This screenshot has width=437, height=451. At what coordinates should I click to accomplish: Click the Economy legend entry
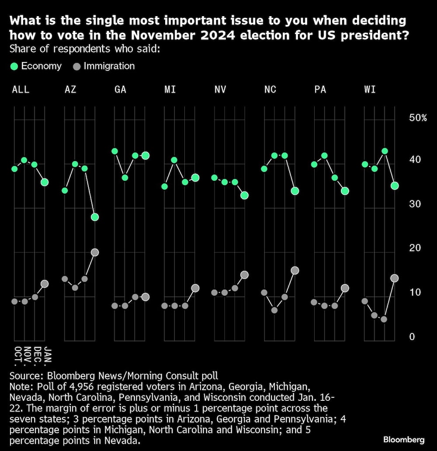pos(36,66)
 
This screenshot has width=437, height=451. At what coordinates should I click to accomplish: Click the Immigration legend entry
pos(104,66)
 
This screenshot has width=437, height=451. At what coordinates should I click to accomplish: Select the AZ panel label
pos(70,90)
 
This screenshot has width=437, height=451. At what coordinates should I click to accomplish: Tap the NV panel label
pos(220,90)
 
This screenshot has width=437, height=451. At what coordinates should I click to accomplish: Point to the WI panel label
pos(370,90)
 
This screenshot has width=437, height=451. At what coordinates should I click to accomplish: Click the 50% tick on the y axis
pos(417,118)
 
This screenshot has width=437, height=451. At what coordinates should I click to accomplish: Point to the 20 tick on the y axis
pos(414,248)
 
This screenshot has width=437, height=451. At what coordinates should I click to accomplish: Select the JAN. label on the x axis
pos(48,355)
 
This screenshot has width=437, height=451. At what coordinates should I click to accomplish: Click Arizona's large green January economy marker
pos(95,217)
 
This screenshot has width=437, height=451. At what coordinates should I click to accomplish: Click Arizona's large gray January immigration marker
pos(95,252)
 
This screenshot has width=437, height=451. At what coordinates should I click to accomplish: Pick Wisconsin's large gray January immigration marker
pos(394,278)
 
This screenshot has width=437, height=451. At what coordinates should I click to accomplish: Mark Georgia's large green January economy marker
pos(146,155)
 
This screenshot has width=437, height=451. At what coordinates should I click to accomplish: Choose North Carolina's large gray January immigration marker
pos(295,270)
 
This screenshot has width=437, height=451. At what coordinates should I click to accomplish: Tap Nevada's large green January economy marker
pos(244,195)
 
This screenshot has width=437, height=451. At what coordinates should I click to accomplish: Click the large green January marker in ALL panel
pos(45,182)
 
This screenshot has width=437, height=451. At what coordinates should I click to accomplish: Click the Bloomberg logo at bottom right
pos(404,439)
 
